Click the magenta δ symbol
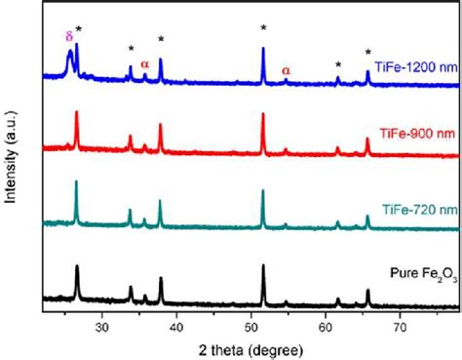pyautogui.click(x=68, y=36)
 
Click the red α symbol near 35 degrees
pyautogui.click(x=144, y=64)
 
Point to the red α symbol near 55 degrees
pyautogui.click(x=286, y=70)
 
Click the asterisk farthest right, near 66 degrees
pyautogui.click(x=368, y=53)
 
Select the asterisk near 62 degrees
pyautogui.click(x=338, y=65)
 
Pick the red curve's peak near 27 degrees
pyautogui.click(x=77, y=113)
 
